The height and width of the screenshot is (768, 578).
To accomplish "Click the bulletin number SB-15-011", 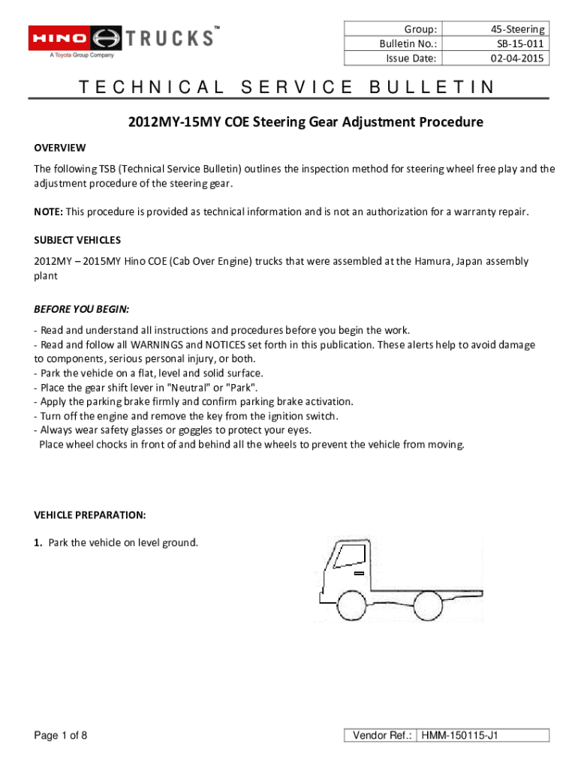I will [x=519, y=43].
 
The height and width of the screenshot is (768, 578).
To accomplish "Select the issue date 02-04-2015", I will [x=518, y=58].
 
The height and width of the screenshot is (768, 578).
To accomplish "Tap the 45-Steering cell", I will [x=518, y=29].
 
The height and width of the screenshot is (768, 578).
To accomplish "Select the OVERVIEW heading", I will [x=59, y=148].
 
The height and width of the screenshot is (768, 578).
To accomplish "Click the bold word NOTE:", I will [x=48, y=212].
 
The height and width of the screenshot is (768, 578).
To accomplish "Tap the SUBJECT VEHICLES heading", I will [x=77, y=240].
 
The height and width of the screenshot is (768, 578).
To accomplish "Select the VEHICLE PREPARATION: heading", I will [x=89, y=515].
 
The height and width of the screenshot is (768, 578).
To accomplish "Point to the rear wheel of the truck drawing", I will [x=430, y=604].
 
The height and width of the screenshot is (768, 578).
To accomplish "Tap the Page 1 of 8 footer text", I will [x=61, y=736].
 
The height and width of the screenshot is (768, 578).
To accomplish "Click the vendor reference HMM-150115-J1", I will [x=459, y=736].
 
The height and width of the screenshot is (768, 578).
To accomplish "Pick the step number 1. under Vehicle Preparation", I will [x=38, y=542].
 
